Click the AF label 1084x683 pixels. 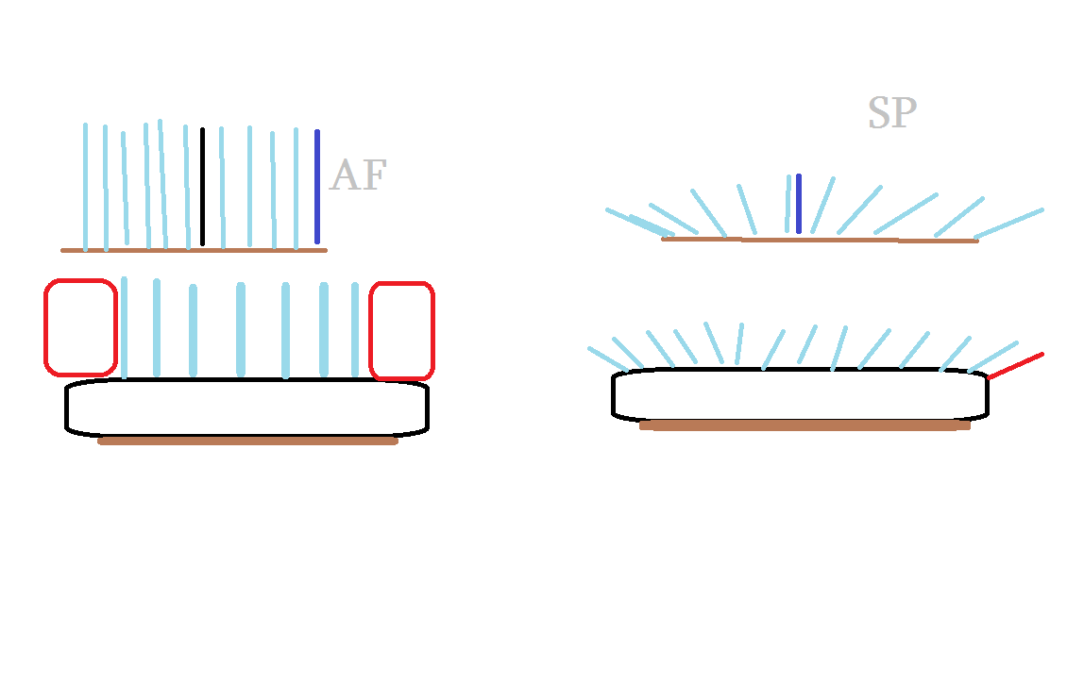coord(358,176)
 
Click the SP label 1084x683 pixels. coord(891,113)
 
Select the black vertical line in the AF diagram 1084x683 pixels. coord(202,186)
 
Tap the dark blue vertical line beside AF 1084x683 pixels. coord(317,186)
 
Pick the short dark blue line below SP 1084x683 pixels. coord(799,203)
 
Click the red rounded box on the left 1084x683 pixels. coord(80,325)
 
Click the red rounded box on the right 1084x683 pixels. coord(401,330)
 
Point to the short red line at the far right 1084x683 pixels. coord(1016,366)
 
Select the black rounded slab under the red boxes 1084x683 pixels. coord(246,408)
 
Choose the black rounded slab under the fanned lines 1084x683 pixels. coord(800,394)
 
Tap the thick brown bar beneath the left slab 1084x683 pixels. coord(247,441)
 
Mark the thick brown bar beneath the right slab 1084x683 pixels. coord(805,425)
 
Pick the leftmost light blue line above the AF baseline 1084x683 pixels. coord(85,187)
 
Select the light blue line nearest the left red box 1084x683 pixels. coord(124,326)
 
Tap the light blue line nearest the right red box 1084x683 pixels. coord(355,328)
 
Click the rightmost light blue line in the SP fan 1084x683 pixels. coord(1008,224)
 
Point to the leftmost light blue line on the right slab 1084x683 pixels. coord(608,358)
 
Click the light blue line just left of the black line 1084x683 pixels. coord(187,187)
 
